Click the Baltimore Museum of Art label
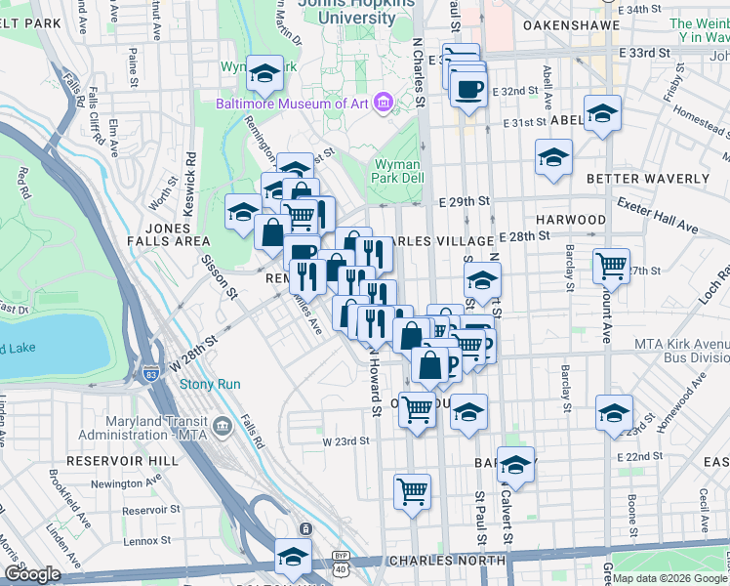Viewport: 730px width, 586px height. coord(292,102)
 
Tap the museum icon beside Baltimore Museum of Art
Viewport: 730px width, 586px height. coord(383,101)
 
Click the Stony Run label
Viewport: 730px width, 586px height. coord(210,384)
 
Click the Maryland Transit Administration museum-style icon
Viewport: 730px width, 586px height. coord(222,425)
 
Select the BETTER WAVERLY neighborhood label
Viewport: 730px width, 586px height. coord(647,179)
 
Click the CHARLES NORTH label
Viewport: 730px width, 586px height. coord(447,561)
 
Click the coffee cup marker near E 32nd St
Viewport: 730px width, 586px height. coord(468,89)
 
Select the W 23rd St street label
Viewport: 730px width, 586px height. coord(346,440)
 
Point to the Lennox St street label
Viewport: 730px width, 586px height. coord(143,539)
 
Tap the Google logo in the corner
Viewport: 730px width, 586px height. coord(32,574)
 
